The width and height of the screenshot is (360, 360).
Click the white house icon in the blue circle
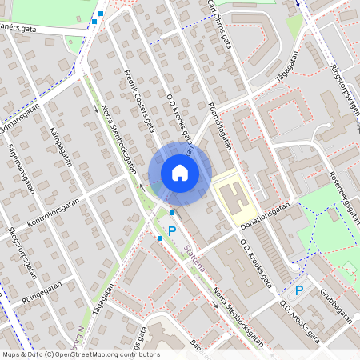point(180,172)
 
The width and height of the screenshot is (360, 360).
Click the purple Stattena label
point(194,258)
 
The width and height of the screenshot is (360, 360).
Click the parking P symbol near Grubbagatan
point(299,290)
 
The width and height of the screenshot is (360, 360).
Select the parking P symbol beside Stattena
point(171,230)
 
